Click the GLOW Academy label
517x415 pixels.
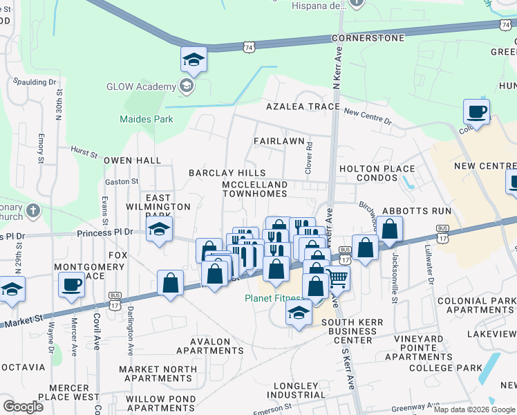point(141,86)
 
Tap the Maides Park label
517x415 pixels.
point(146,119)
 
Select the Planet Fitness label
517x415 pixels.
point(273,299)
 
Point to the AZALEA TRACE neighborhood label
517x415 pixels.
point(303,107)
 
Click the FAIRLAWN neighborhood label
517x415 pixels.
point(279,141)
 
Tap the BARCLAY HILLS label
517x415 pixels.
point(227,172)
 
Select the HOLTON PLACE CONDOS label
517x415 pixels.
point(377,173)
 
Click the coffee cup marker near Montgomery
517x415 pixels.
point(71,285)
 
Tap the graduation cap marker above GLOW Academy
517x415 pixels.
point(194,60)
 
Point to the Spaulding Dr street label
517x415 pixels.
point(35,82)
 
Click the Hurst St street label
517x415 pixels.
point(84,148)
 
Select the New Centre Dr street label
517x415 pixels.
point(367,115)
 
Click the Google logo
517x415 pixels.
point(23,406)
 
